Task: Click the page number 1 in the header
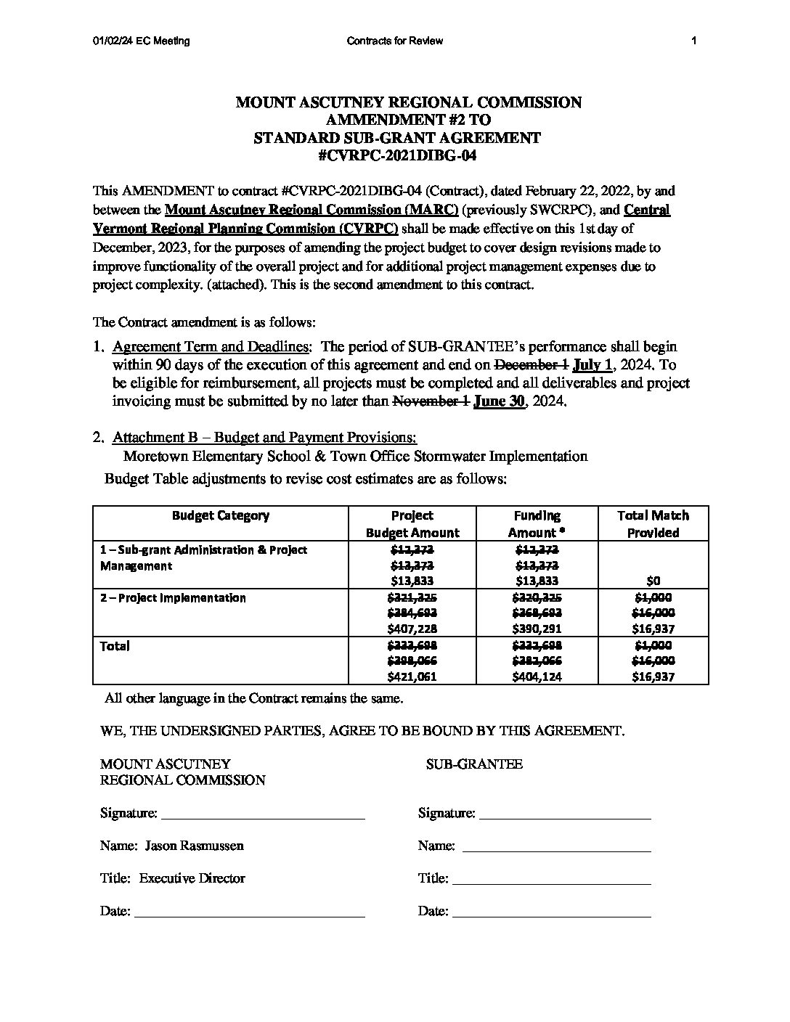point(694,41)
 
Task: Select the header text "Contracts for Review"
point(395,41)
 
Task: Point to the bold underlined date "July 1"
point(593,364)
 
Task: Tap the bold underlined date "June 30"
point(499,401)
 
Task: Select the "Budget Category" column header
point(221,515)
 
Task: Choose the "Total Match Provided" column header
point(653,523)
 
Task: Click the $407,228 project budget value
point(412,629)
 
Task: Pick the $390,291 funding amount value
point(537,629)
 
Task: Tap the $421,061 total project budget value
point(412,676)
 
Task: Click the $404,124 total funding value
point(537,676)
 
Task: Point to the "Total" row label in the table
point(115,645)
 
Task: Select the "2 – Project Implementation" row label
point(173,597)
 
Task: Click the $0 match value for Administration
point(653,581)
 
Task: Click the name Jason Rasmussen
point(194,846)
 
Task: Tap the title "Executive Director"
point(192,878)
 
